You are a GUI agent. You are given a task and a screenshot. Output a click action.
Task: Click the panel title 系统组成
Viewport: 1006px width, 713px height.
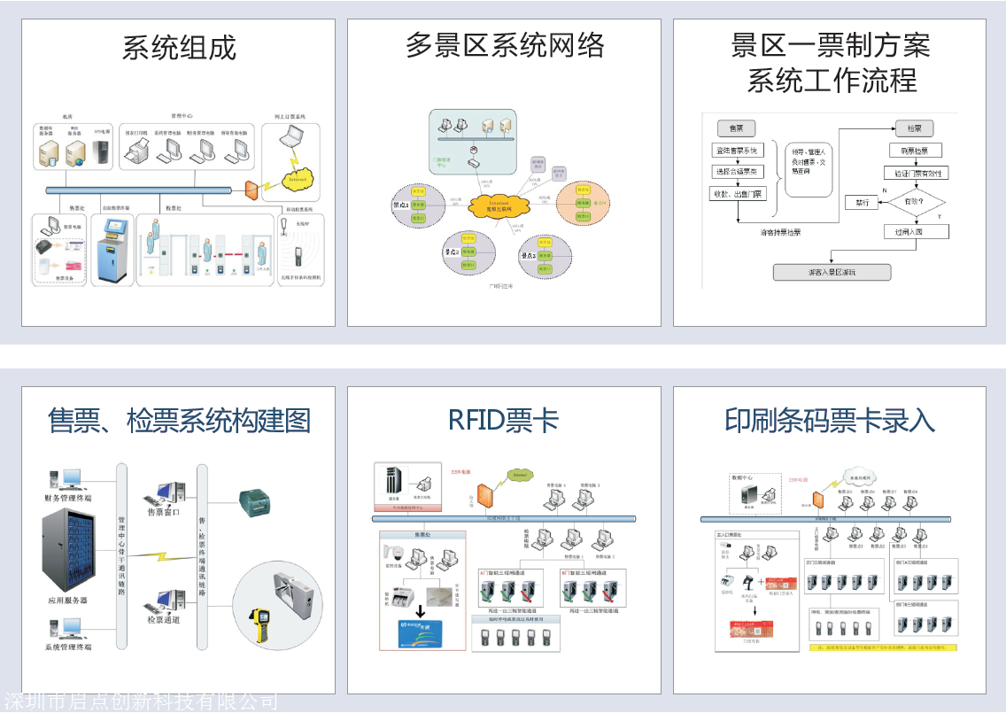(179, 48)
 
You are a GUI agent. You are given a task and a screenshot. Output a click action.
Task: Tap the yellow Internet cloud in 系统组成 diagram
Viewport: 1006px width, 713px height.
(294, 177)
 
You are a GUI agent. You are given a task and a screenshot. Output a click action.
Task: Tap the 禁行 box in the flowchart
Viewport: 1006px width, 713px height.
(861, 203)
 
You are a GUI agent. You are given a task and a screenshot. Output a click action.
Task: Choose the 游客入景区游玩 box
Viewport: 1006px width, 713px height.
(832, 273)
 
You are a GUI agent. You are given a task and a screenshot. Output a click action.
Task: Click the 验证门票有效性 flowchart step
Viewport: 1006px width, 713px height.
(916, 174)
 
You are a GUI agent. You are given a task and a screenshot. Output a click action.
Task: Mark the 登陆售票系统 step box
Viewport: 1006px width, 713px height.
(737, 151)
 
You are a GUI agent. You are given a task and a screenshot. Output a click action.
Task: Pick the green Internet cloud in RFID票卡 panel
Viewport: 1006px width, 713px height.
(517, 476)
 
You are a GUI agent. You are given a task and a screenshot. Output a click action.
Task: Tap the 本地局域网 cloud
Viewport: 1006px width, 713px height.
(856, 474)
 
